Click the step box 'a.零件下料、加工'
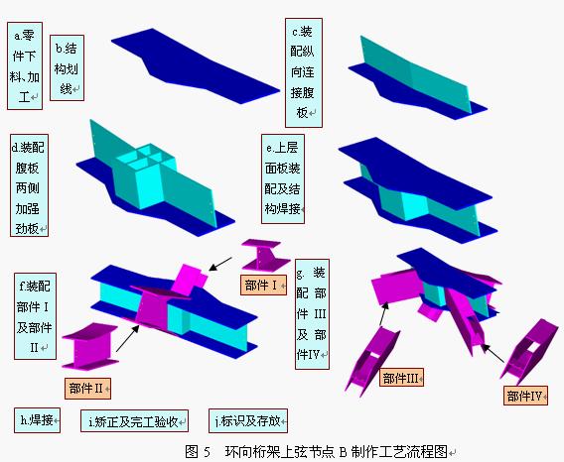[25, 66]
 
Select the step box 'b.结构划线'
[67, 67]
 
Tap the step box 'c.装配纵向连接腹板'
[304, 73]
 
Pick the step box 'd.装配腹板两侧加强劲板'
[29, 185]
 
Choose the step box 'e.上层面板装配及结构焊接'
[283, 178]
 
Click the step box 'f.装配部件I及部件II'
[36, 316]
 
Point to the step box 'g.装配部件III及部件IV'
[312, 314]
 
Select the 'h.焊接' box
[37, 420]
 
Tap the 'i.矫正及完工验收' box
[134, 420]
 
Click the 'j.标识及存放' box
[248, 420]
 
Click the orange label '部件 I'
[263, 286]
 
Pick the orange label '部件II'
[87, 389]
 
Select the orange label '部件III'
[401, 377]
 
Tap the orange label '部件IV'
[525, 396]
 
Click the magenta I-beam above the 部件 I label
[265, 256]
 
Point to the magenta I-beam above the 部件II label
[90, 346]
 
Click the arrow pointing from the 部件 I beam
[220, 264]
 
